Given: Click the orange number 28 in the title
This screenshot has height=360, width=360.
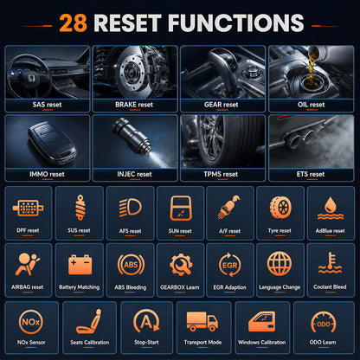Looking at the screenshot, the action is pos(73,23).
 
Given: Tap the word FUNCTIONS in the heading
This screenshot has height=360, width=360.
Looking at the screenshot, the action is pos(235,23).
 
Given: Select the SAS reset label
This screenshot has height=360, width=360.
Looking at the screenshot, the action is pos(47,105).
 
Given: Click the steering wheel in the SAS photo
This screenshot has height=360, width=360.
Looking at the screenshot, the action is pos(28,76).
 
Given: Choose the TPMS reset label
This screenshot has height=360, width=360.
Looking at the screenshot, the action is pos(221,174).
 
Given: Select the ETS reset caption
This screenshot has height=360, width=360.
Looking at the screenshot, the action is pos(311,174).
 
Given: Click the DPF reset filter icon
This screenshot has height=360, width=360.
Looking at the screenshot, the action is pos(28,208).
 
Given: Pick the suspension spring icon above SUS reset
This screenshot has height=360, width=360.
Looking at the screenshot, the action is pos(80,208).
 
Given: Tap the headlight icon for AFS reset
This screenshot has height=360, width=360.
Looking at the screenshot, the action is pos(131,207).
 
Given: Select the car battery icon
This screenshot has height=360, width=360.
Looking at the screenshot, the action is pos(80,265).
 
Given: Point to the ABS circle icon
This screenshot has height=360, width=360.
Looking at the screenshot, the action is pos(131,265).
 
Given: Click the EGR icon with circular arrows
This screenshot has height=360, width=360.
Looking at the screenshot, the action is pos(230,265).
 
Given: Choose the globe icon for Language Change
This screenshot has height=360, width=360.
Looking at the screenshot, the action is pos(280,264).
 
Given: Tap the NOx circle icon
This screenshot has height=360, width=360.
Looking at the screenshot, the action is pos(31,322).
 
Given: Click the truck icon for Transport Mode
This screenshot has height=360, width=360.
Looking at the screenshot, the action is pos(202,321).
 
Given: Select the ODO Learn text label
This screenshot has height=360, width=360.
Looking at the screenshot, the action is pos(323,343).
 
